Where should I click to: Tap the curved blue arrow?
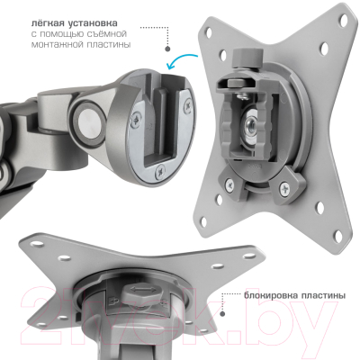tap(181, 59)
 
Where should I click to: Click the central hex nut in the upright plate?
tap(248, 124)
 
